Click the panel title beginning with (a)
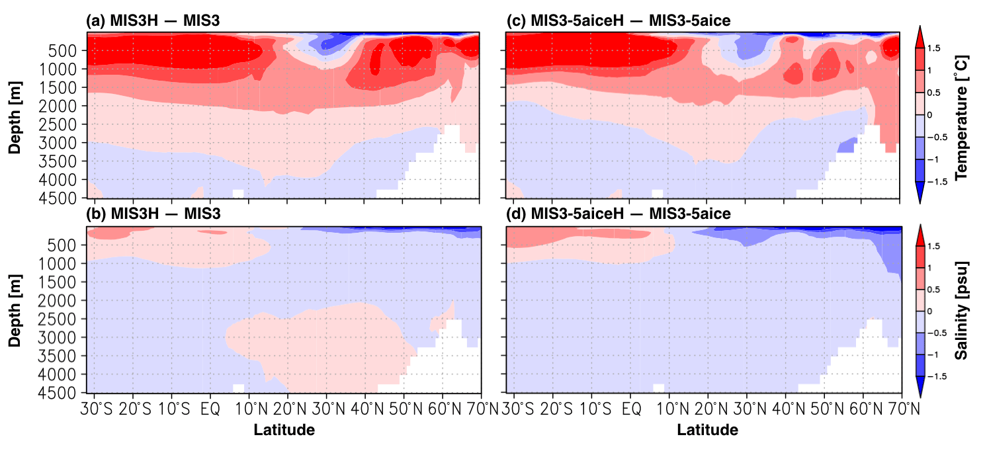(x=153, y=22)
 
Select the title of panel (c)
(x=618, y=22)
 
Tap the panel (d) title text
(x=618, y=214)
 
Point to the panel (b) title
(x=153, y=214)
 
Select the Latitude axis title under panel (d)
(x=707, y=430)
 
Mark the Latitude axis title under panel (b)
(x=284, y=430)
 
